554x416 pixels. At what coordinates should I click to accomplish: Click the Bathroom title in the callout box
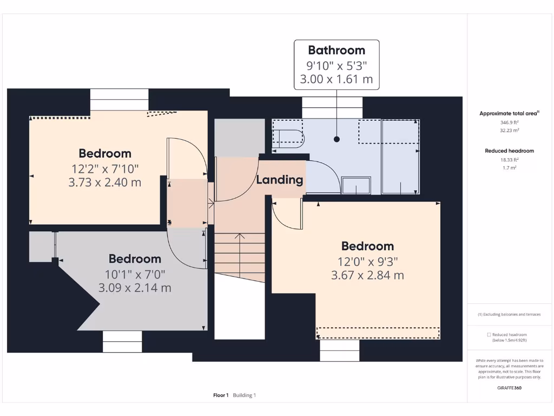coord(337,50)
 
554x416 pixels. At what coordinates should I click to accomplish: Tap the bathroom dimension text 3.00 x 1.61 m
coord(337,80)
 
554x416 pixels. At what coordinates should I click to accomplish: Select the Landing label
coord(280,180)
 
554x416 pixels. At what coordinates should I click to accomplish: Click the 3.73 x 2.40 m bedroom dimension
coord(105,183)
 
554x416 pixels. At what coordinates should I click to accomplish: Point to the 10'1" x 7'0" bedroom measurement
coord(135,274)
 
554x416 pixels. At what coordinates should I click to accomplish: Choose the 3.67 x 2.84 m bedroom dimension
coord(367,275)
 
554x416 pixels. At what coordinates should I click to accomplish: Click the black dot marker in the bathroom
coord(337,139)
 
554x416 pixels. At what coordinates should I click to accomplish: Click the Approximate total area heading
coord(509,113)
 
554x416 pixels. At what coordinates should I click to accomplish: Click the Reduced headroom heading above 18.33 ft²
coord(509,151)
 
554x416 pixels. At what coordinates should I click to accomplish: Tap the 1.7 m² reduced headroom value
coord(509,168)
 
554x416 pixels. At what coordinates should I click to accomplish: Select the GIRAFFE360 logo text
coord(509,388)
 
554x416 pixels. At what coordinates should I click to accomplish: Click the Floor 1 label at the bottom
coord(221,395)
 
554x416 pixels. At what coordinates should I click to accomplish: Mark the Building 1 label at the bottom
coord(245,395)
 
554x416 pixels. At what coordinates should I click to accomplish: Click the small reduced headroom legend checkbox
coord(489,335)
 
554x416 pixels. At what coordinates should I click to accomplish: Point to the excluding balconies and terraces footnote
coord(509,315)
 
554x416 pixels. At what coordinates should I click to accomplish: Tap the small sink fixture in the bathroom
coord(356,185)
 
